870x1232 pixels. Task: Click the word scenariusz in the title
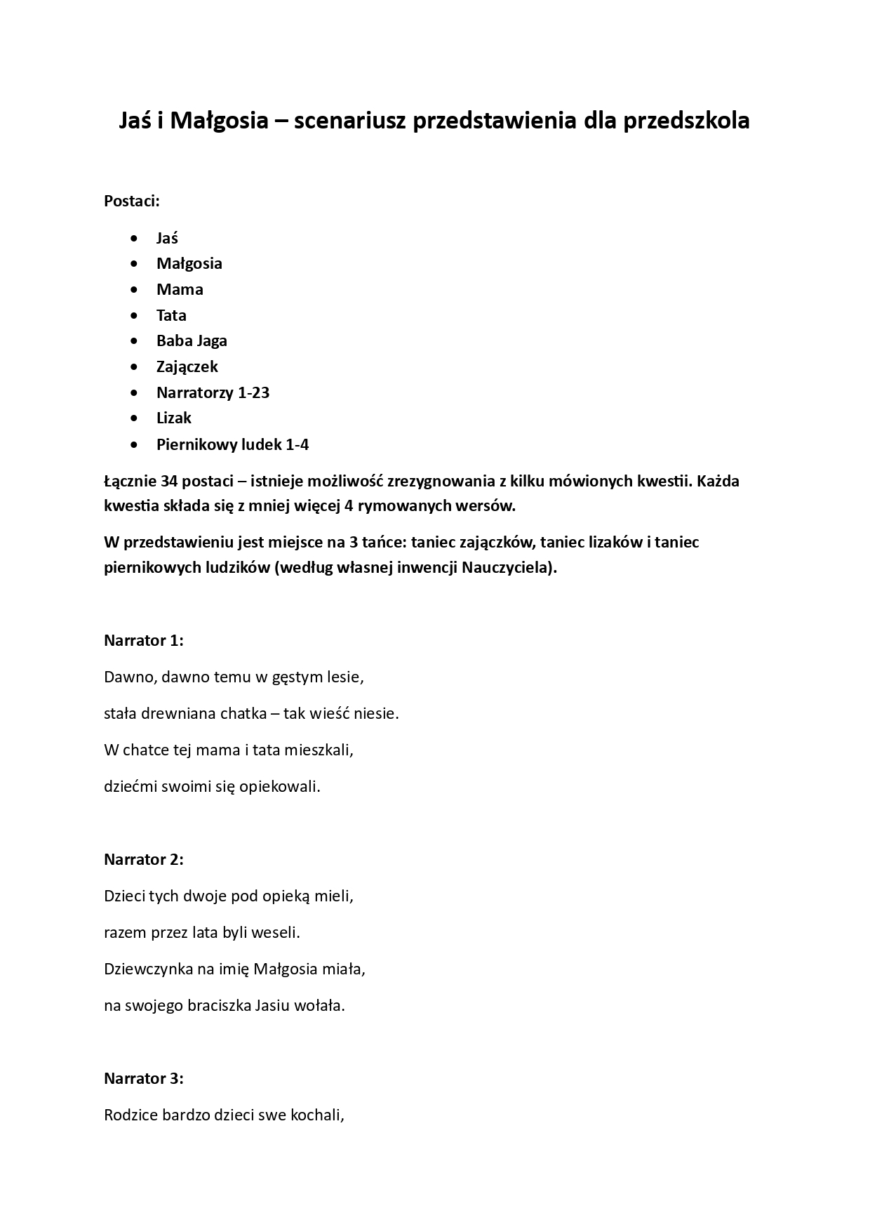pos(349,121)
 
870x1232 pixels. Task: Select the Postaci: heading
pos(132,201)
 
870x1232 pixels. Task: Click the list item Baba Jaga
pos(192,341)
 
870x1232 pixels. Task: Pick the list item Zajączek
pos(187,366)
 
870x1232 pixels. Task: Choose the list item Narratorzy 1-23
pos(213,392)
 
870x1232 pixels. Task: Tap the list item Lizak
pos(174,418)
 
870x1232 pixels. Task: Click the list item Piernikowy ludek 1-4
pos(232,444)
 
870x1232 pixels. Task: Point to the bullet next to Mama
pos(134,290)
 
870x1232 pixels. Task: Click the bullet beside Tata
pos(134,316)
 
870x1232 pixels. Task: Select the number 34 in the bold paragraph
pos(168,482)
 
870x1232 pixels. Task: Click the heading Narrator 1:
pos(143,640)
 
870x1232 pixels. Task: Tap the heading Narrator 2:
pos(143,859)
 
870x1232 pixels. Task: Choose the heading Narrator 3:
pos(143,1078)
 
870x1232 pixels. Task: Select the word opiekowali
pos(279,787)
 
